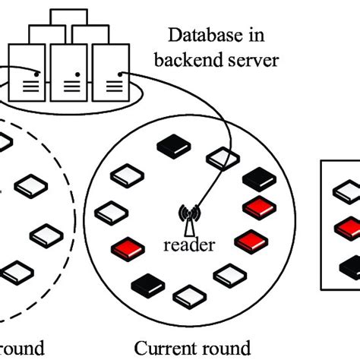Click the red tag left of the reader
click(x=127, y=248)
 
